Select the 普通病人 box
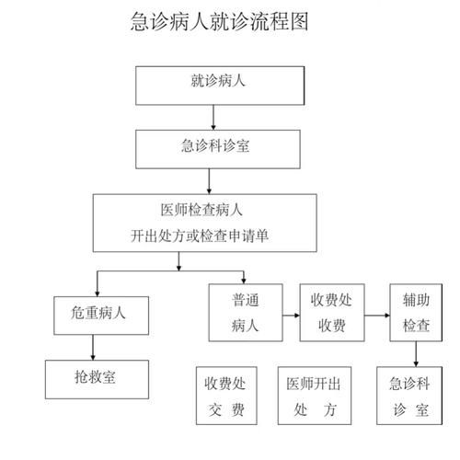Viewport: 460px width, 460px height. tap(244, 314)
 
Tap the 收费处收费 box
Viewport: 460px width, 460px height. tap(333, 314)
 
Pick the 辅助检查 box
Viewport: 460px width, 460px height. tap(416, 314)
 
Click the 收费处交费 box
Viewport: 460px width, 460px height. tap(224, 394)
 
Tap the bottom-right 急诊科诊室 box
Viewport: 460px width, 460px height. tap(409, 394)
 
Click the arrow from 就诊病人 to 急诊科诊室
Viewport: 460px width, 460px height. tap(213, 116)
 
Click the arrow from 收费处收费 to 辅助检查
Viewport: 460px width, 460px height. tap(377, 316)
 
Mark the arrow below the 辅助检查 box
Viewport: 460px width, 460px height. tap(417, 354)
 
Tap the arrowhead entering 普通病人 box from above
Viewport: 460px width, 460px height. tap(243, 279)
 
